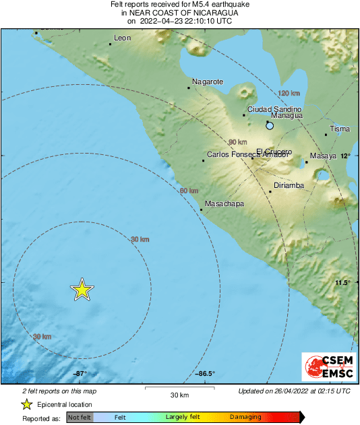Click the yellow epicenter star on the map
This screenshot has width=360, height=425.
tap(82, 290)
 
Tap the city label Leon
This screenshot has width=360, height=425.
tap(123, 38)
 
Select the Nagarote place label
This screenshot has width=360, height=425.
tap(208, 81)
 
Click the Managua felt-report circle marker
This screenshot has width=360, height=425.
tap(270, 125)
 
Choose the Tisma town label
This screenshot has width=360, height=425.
tap(340, 129)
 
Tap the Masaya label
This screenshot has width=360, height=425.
tap(323, 156)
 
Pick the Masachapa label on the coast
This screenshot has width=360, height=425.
tap(224, 203)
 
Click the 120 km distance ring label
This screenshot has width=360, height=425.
tap(289, 93)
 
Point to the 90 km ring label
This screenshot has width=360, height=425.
tap(238, 142)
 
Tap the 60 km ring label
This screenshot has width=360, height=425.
tap(189, 191)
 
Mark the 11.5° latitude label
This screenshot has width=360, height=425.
tap(344, 282)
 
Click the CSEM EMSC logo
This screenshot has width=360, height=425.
tap(326, 368)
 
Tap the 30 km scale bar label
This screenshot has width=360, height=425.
tap(179, 394)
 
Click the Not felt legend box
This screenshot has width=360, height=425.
tap(80, 418)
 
